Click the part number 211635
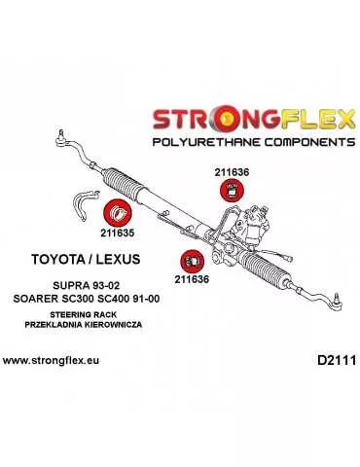117,233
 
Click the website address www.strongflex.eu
58,361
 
